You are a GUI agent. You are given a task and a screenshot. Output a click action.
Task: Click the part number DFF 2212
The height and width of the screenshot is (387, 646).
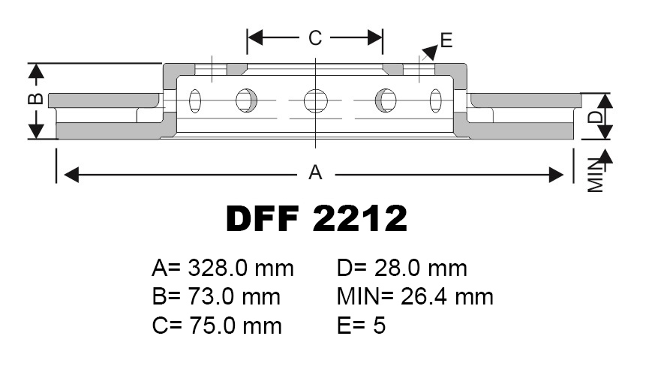[x=317, y=218]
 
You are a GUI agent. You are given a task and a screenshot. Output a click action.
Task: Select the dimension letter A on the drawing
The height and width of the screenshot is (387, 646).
[x=316, y=173]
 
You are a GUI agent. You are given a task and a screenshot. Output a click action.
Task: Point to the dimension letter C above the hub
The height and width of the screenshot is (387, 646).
[x=315, y=37]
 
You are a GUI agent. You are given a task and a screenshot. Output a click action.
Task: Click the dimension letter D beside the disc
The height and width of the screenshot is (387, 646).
[x=594, y=116]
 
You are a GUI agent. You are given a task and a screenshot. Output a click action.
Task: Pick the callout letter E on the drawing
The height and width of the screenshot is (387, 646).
[x=446, y=40]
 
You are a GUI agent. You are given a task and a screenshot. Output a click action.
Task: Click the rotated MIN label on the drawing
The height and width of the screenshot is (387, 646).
[x=596, y=175]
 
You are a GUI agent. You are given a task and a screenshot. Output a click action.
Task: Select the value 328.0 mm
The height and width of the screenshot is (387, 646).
[x=241, y=268]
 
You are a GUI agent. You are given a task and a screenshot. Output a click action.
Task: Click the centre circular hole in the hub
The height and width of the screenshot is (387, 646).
[x=316, y=100]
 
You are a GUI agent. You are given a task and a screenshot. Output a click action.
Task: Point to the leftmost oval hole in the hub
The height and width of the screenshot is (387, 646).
[x=196, y=100]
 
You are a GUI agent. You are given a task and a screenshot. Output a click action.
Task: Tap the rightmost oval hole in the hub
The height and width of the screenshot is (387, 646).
[x=436, y=100]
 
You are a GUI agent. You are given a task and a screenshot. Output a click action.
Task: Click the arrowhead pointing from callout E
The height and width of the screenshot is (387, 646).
[x=429, y=52]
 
